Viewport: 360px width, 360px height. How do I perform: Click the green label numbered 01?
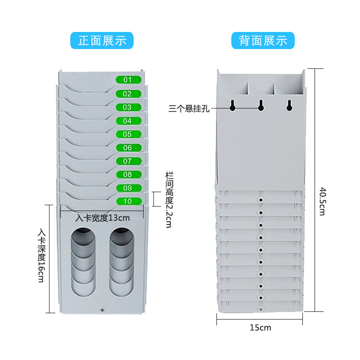[128, 80]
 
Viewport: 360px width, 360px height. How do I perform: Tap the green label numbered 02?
[128, 94]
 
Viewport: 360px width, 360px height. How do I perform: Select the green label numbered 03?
[128, 107]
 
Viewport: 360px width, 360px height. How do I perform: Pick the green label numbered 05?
[128, 134]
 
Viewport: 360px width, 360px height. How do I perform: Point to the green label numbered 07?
[128, 161]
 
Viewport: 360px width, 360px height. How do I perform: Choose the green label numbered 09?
[128, 188]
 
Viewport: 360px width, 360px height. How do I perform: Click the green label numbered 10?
[128, 201]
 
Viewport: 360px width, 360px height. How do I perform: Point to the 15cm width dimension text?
[260, 328]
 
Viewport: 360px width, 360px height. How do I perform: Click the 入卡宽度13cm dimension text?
[103, 218]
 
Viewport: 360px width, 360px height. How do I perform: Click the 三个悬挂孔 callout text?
[189, 108]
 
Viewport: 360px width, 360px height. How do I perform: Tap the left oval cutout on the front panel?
[83, 261]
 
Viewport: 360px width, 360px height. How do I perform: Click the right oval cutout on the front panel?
[121, 261]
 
